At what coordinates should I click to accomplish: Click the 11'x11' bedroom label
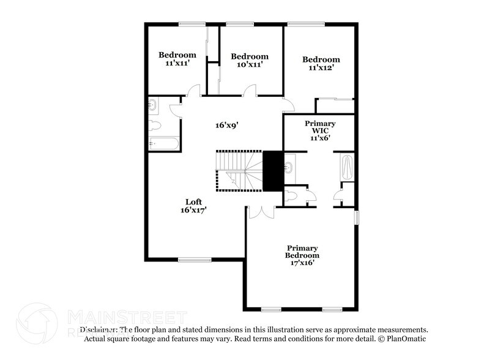click(177, 59)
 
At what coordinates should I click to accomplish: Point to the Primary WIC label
click(320, 130)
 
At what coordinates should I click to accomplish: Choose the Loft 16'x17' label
click(193, 206)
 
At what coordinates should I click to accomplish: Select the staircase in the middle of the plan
click(239, 171)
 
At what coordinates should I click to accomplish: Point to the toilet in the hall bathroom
click(155, 126)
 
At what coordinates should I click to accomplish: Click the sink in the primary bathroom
click(289, 165)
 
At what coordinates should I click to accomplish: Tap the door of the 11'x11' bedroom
click(193, 92)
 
